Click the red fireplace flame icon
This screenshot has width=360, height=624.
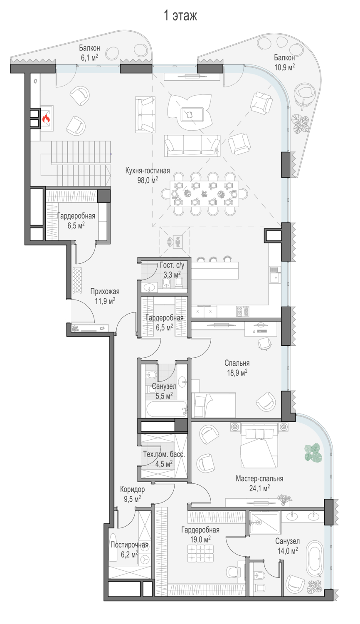[46, 119]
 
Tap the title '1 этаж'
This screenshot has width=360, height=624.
[180, 16]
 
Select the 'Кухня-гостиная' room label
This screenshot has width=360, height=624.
[148, 171]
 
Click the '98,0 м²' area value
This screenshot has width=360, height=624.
[148, 180]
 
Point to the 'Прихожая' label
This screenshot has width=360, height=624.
[105, 291]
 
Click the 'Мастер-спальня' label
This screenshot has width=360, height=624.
[259, 478]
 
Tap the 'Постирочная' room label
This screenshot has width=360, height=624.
[129, 545]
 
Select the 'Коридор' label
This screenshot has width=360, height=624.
[132, 489]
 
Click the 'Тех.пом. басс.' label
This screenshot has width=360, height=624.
[164, 454]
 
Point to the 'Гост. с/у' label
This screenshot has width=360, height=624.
[172, 265]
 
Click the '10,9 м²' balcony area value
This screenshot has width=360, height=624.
[284, 67]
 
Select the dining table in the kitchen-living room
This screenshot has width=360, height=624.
[204, 194]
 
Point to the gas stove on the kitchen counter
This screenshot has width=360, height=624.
[242, 311]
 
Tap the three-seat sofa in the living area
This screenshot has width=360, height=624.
[192, 146]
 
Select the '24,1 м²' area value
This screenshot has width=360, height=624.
[259, 488]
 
